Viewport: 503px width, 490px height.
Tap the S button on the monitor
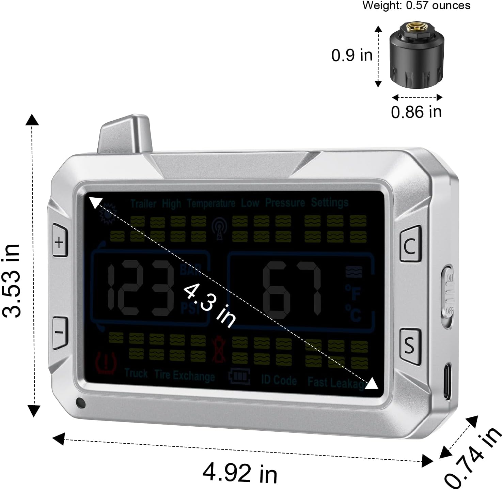[x=410, y=346]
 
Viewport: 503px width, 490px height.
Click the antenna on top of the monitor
[x=125, y=135]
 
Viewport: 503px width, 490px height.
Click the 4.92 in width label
[x=240, y=473]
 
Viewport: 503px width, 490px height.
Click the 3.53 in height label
[x=11, y=280]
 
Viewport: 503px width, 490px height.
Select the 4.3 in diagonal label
[x=209, y=305]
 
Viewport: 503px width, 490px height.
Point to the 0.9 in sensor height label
[x=352, y=55]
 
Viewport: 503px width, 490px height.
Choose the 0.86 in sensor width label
[x=416, y=112]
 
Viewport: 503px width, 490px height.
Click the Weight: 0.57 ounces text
[x=416, y=5]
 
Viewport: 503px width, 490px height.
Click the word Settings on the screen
[x=330, y=202]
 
